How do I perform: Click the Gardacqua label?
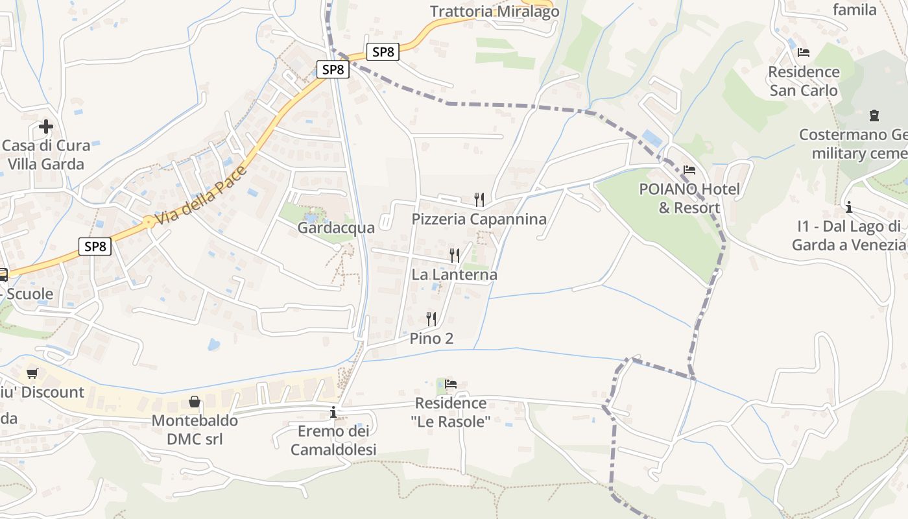[336, 228]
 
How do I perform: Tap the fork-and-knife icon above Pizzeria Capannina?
[479, 199]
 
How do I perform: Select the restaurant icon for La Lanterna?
[455, 255]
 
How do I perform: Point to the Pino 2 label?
[431, 338]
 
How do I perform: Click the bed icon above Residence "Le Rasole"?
[451, 384]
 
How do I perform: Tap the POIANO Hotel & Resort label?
[689, 199]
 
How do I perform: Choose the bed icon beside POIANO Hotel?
[689, 171]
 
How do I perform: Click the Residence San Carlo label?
[804, 81]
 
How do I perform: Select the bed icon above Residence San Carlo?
[804, 53]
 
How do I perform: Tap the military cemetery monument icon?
[874, 115]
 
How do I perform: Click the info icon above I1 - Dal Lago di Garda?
[848, 207]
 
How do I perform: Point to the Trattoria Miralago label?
[494, 12]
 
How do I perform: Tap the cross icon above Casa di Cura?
[45, 126]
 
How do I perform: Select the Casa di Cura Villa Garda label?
[45, 154]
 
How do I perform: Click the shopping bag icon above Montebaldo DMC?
[195, 402]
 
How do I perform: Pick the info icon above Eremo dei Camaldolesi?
[333, 412]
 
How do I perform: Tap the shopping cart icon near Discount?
[32, 373]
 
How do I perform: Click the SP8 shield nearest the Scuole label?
[95, 247]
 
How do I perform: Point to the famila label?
[854, 10]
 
